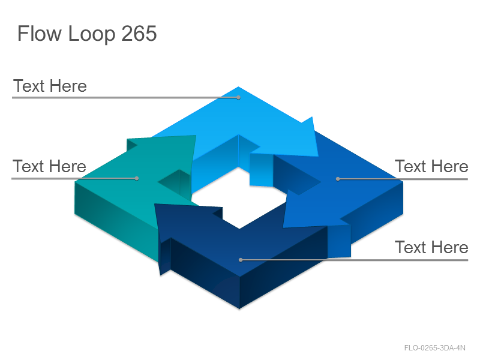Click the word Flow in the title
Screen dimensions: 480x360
click(40, 33)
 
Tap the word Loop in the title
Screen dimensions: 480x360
click(92, 34)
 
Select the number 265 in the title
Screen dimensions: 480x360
click(139, 33)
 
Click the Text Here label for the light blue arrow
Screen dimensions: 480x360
click(50, 86)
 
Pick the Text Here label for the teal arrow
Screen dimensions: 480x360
click(49, 166)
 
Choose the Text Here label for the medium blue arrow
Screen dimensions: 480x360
click(431, 166)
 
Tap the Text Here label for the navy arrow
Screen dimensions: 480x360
click(431, 247)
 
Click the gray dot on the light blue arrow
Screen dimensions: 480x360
click(238, 97)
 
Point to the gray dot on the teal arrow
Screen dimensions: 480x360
click(137, 178)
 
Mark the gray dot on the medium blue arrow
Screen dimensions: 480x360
click(338, 179)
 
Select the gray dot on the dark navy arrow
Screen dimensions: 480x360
click(241, 260)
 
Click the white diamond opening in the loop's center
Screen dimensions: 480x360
click(239, 197)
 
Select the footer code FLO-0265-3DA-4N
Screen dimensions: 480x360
click(434, 348)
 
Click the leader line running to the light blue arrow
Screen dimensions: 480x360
click(125, 97)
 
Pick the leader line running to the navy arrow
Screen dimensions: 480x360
click(355, 260)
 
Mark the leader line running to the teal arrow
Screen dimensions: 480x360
click(74, 178)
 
